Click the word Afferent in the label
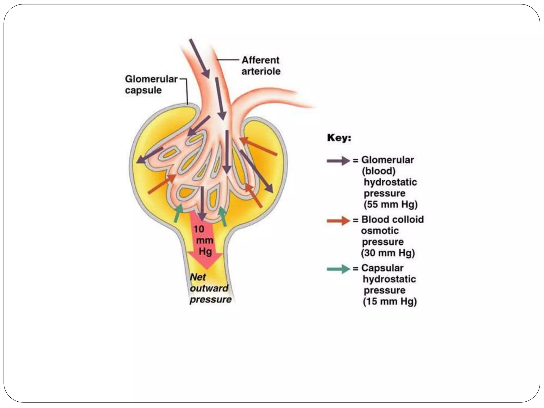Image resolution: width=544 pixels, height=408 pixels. click(x=260, y=60)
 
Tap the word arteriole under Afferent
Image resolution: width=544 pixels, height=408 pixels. click(x=261, y=71)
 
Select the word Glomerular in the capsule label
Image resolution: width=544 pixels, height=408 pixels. click(x=151, y=79)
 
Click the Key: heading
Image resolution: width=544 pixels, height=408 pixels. click(x=339, y=138)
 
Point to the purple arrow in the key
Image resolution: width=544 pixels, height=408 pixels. click(x=338, y=161)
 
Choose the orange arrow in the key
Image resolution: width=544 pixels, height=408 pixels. click(x=338, y=220)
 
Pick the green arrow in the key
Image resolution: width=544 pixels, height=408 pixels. click(x=338, y=269)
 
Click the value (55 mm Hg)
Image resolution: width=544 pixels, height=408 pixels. click(x=390, y=205)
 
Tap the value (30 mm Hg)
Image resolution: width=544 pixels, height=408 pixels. click(x=388, y=253)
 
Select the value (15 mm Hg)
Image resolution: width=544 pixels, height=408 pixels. click(x=390, y=301)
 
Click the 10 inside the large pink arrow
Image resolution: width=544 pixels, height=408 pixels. click(x=199, y=229)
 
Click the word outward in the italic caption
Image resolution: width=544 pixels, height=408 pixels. click(x=209, y=288)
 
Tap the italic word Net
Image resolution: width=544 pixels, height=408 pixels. click(x=198, y=277)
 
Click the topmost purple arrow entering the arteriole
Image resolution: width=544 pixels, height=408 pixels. click(x=199, y=58)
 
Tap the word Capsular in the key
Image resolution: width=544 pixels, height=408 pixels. click(x=382, y=268)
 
